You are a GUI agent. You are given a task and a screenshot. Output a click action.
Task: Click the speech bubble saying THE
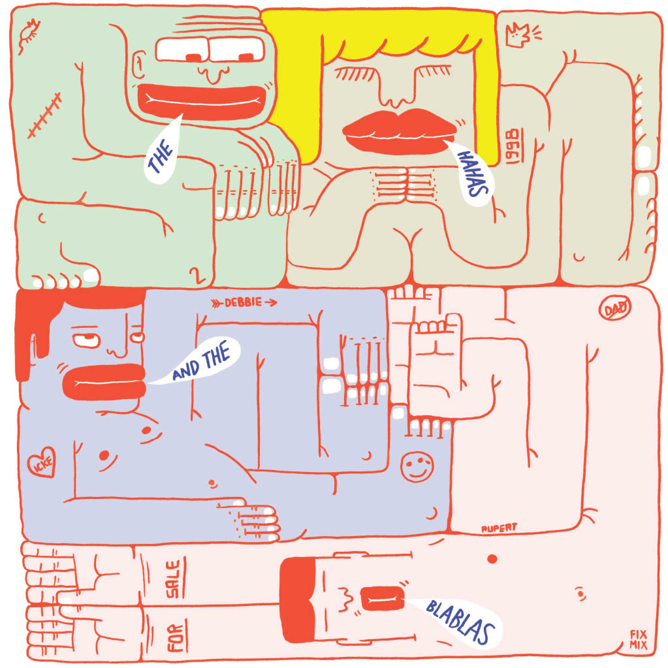click(161, 152)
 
